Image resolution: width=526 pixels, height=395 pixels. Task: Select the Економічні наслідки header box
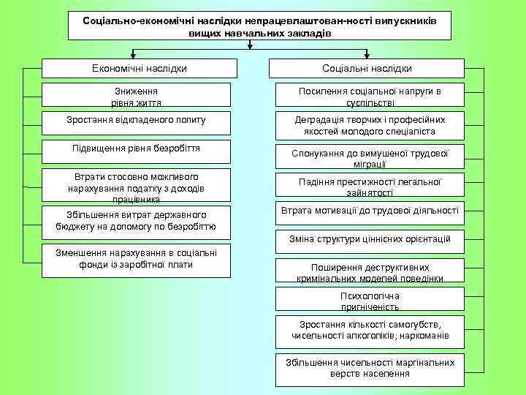(140, 68)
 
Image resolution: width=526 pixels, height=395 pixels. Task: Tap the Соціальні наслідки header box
(367, 68)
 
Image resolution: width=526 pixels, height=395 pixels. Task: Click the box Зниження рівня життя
(140, 95)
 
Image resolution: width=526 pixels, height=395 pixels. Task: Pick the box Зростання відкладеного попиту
(140, 121)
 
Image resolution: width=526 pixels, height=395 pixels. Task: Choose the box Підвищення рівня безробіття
(140, 149)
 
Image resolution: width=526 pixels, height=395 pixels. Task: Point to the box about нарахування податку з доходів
(140, 187)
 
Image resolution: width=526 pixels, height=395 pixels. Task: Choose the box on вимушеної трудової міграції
(370, 157)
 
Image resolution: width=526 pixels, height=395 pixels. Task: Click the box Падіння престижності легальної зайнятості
(370, 186)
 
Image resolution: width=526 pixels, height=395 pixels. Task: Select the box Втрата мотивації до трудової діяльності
(370, 212)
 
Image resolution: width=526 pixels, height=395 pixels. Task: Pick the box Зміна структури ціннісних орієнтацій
(370, 239)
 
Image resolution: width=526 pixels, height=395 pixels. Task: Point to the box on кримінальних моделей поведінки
(370, 271)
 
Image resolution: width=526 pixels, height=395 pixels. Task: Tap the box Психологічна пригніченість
(370, 300)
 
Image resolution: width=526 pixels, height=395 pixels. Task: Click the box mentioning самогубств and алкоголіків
(370, 330)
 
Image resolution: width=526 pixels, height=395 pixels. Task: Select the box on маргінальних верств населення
(370, 368)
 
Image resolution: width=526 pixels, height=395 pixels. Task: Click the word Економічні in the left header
(116, 68)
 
